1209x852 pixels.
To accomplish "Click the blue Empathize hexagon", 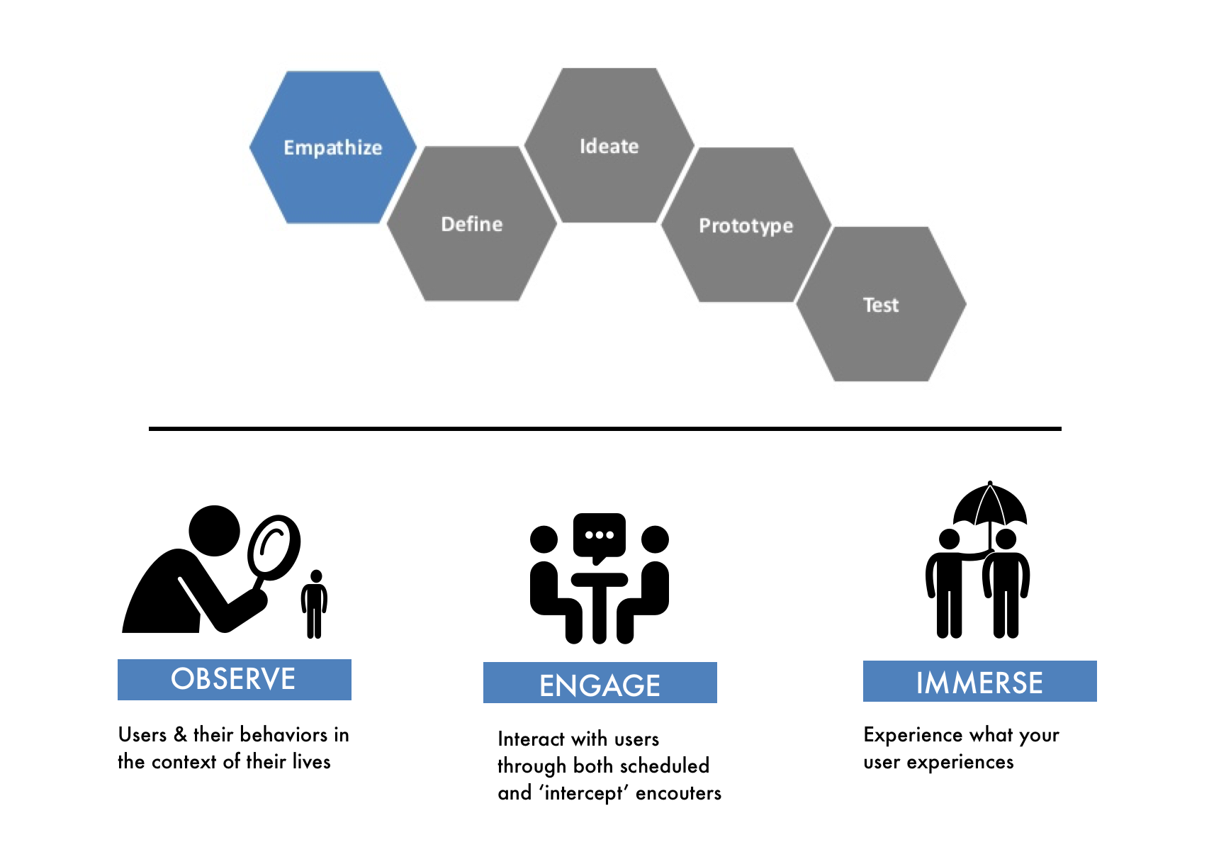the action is click(333, 147).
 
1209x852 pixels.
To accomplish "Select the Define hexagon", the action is click(472, 223).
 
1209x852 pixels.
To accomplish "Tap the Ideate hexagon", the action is click(609, 145).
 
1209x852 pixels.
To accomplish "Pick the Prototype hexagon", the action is click(746, 225).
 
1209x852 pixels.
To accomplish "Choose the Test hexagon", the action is click(882, 304).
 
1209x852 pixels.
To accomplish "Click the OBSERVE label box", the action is click(235, 679).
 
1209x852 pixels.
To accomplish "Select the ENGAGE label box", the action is click(600, 683).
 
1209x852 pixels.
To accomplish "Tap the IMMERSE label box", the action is click(980, 681).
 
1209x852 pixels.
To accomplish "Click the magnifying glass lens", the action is click(274, 547).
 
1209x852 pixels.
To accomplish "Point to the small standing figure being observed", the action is click(314, 604).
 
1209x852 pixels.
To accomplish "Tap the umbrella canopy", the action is click(990, 504).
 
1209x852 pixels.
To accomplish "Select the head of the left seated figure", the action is click(544, 539).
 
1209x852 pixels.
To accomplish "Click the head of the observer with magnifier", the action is click(214, 531).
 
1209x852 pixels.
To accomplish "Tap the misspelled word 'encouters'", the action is click(678, 793).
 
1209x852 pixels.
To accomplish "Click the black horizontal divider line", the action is click(605, 429).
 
